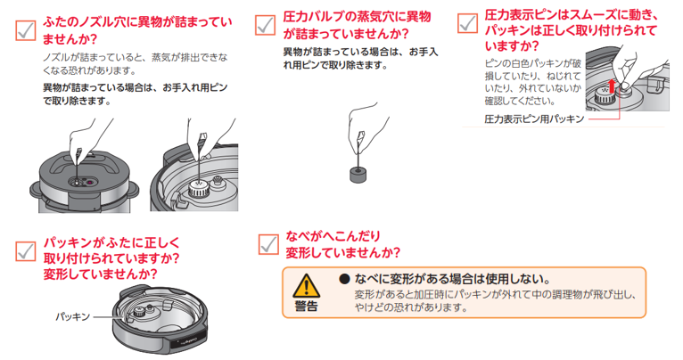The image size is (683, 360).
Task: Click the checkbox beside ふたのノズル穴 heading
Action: pos(25,30)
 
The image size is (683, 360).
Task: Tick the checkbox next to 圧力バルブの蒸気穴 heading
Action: pos(265,25)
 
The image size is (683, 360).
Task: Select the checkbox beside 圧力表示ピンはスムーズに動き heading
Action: pos(467,22)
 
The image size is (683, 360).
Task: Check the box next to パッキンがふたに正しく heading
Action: pos(25,250)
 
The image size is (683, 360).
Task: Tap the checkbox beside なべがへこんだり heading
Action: pos(267,244)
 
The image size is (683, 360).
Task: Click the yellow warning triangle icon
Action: pos(306,285)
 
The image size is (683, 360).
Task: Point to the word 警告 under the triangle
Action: pos(306,306)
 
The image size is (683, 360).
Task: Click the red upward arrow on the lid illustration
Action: pos(612,86)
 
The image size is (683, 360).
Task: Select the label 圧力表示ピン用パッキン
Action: pos(534,119)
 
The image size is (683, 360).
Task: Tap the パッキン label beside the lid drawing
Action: pos(72,316)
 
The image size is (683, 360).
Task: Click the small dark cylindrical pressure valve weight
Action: pos(358,175)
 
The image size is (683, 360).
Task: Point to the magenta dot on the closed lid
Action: pos(89,183)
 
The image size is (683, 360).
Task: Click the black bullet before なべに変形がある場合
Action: pos(344,279)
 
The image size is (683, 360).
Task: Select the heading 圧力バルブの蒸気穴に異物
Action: pos(357,17)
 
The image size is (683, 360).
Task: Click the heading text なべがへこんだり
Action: pos(333,236)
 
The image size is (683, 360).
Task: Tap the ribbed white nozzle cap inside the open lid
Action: pos(199,190)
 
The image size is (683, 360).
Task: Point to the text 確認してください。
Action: pos(520,102)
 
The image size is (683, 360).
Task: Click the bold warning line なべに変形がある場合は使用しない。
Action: pos(453,279)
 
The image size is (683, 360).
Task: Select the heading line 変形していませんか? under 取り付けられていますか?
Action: pos(100,274)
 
